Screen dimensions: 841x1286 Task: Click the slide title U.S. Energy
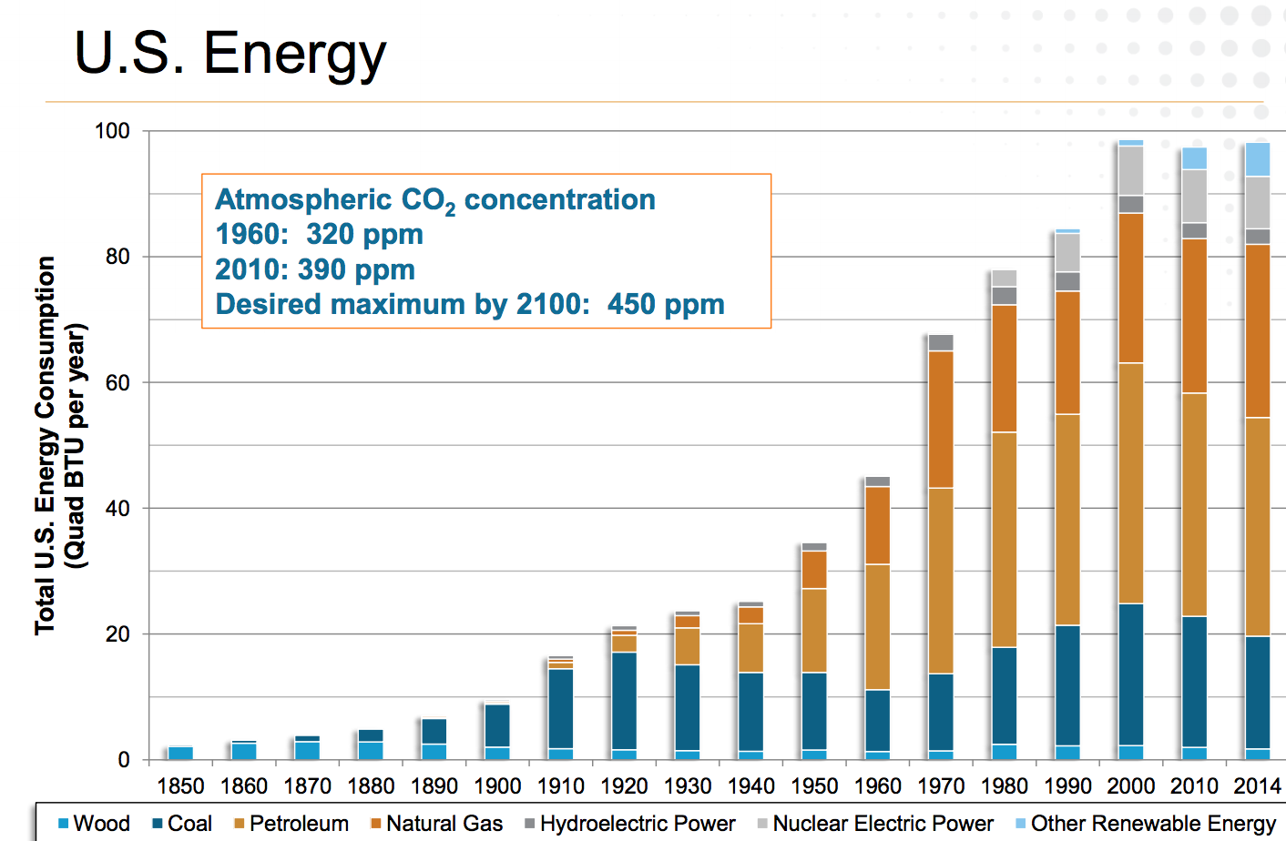[230, 53]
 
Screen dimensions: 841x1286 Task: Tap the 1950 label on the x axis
[814, 785]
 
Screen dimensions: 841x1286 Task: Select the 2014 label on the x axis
[1257, 785]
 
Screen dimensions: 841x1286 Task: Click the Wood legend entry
[94, 824]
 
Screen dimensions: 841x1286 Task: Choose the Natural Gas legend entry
[436, 824]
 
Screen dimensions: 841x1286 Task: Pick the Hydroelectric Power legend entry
[629, 824]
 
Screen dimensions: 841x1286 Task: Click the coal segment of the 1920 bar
[624, 701]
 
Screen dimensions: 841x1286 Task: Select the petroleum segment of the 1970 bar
[941, 581]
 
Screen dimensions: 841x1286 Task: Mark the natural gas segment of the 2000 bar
[1130, 288]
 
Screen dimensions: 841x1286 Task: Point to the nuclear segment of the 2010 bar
[1194, 196]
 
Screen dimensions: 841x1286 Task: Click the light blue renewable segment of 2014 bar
[1257, 159]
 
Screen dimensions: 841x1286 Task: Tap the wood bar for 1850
[180, 753]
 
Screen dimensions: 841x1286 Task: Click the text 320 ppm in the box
[364, 235]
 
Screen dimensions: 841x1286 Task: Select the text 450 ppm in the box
[666, 304]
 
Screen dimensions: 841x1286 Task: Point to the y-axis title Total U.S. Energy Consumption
[46, 445]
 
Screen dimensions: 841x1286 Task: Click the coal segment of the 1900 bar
[497, 725]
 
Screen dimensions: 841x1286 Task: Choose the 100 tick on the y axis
[113, 131]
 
